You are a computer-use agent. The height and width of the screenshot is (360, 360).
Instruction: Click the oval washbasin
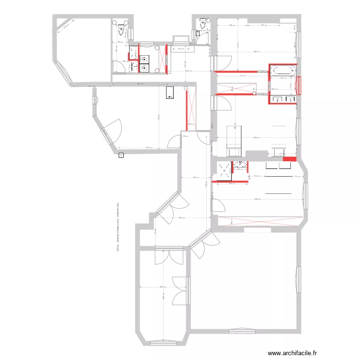point(240,165)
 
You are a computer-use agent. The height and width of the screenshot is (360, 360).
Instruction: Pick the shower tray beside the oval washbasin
point(224,171)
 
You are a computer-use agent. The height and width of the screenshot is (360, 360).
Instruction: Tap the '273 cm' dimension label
point(148,148)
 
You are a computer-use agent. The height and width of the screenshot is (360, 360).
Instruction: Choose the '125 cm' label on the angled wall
point(66,27)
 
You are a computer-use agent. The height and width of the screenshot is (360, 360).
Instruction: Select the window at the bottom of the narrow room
point(163,343)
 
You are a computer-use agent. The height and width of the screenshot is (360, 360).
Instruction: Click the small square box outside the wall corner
point(121,155)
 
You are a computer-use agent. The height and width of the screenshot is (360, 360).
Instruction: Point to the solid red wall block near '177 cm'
point(289,159)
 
